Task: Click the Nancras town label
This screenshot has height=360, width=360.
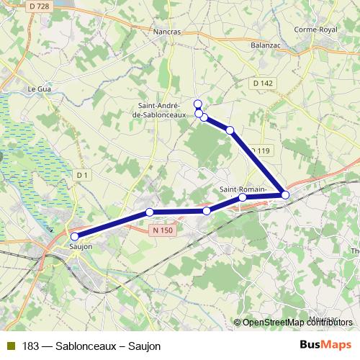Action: [167, 32]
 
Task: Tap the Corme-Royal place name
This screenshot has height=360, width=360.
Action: [316, 30]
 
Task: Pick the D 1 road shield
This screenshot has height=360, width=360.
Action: [83, 174]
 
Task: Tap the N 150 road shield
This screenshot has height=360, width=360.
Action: [163, 230]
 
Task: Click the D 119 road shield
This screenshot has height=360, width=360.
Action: [261, 150]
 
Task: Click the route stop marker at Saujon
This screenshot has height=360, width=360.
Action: [75, 235]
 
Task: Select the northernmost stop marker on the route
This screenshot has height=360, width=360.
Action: [198, 104]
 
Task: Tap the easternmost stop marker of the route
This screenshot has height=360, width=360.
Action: [285, 195]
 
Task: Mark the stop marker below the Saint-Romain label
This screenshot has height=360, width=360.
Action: [243, 197]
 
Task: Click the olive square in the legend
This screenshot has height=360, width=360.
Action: [11, 346]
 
